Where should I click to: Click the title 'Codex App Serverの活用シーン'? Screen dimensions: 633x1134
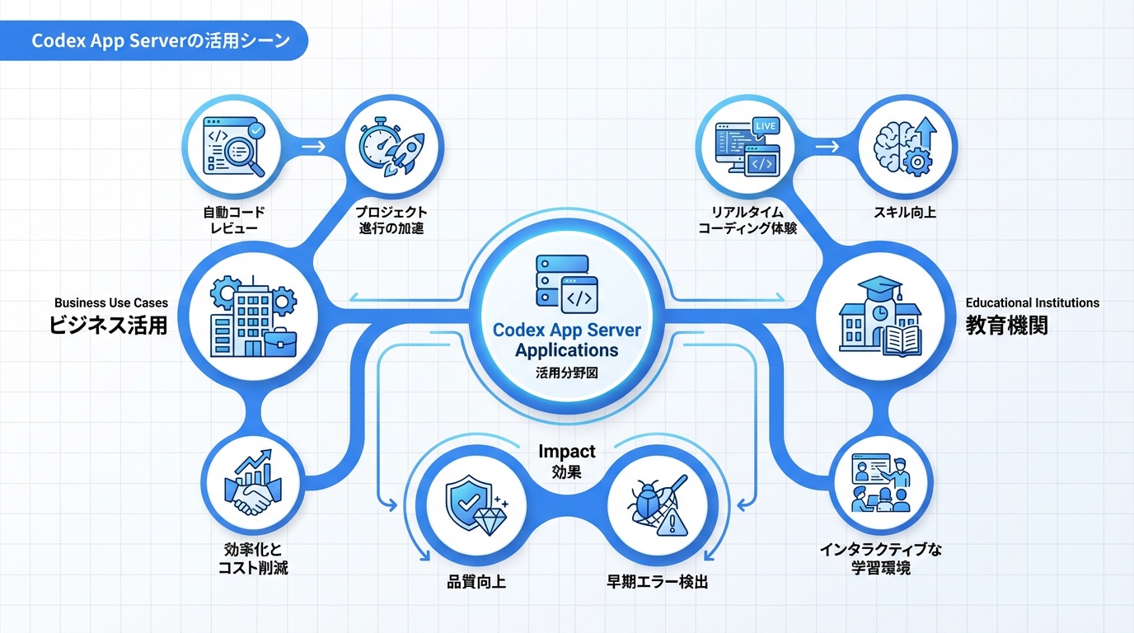pos(160,41)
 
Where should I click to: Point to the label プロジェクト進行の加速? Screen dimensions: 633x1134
pos(391,220)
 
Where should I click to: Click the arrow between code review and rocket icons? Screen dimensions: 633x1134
pos(313,147)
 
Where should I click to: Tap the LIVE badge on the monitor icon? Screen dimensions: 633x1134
pos(766,124)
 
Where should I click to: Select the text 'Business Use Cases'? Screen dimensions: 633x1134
pos(111,303)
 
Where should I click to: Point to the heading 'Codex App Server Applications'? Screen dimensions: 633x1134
pos(566,340)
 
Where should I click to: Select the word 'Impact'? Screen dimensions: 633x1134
pos(566,452)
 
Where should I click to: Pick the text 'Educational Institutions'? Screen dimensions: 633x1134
pos(1032,302)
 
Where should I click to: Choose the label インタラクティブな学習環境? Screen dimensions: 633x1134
pos(880,558)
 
